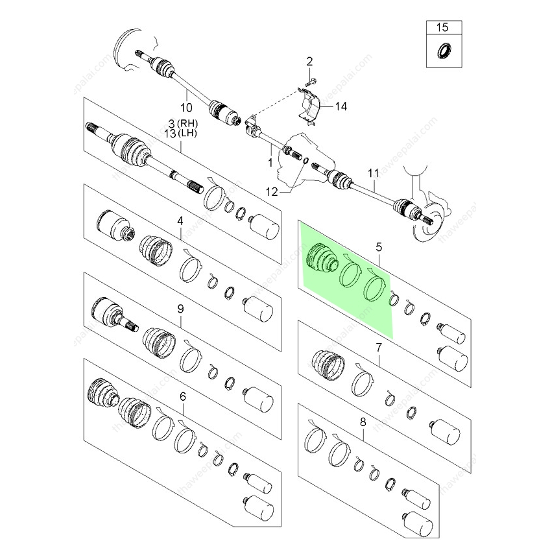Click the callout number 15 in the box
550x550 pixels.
(x=442, y=27)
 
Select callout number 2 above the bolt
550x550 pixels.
(x=309, y=62)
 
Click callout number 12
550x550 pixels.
(x=272, y=191)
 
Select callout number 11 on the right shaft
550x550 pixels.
(x=372, y=173)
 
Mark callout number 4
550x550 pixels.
(x=180, y=222)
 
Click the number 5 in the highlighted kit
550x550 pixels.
(x=379, y=246)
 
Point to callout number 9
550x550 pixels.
(x=181, y=309)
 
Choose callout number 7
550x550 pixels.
(x=379, y=348)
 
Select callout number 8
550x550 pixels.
(x=363, y=422)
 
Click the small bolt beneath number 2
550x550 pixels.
(x=310, y=82)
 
